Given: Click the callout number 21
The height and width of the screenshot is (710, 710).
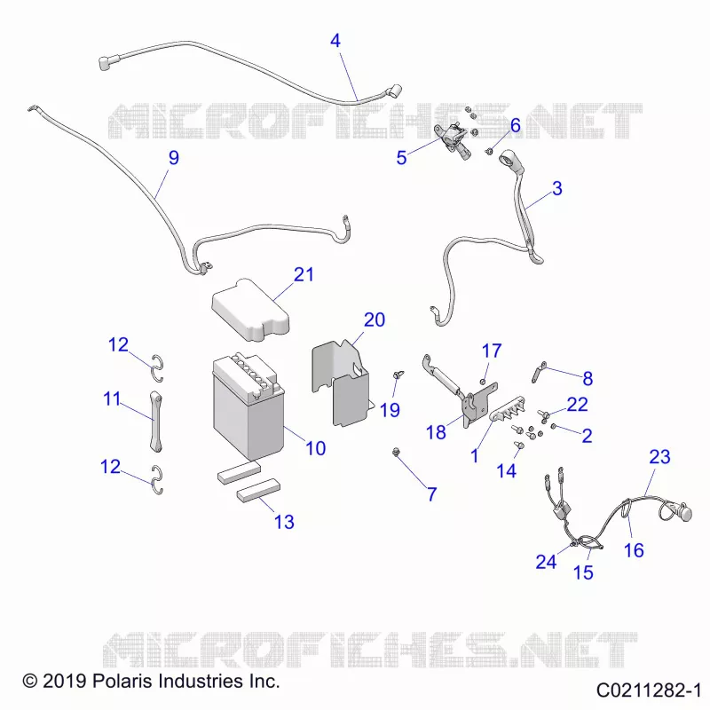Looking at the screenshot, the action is coord(304,274).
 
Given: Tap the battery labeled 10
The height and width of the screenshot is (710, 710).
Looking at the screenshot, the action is coord(248,406).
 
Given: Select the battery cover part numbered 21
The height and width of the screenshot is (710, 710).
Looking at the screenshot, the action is coord(250,310).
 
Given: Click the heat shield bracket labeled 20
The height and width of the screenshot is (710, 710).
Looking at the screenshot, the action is coord(341,383).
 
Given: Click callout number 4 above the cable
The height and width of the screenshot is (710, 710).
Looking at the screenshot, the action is coord(335,41).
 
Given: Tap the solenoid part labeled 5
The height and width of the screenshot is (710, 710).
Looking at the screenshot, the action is coord(453,138).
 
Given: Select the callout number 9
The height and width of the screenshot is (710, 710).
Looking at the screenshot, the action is coord(174,158).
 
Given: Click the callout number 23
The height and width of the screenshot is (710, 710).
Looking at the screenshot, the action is coord(659,456).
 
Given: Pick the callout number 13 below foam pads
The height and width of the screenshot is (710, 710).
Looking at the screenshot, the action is coord(284,522).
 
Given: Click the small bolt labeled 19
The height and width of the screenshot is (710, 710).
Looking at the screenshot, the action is coord(398,375).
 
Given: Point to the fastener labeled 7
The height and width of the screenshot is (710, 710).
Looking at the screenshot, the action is coord(397,452).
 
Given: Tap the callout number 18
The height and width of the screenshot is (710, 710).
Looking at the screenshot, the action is coord(436,432).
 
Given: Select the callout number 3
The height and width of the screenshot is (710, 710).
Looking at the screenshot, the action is coord(557,188).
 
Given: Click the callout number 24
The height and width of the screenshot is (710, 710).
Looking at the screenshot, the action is coord(546,562).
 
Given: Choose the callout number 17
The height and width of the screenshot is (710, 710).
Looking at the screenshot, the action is coord(492,351).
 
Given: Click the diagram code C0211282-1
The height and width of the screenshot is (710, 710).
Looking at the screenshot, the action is coord(649,690).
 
